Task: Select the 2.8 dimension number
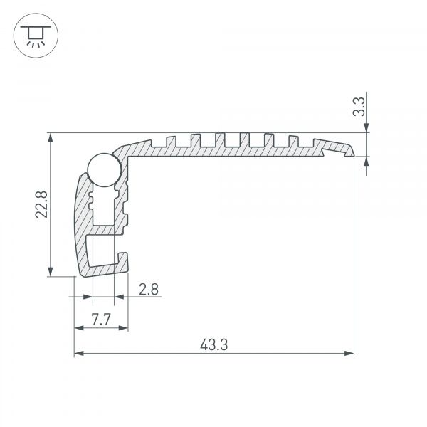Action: (x=148, y=290)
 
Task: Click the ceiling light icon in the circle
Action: (x=33, y=35)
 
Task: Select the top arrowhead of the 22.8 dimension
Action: (x=50, y=138)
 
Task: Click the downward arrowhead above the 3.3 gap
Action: (x=366, y=128)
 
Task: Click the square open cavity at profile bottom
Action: (x=100, y=250)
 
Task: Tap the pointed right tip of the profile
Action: (x=353, y=151)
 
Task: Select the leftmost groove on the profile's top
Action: (x=171, y=139)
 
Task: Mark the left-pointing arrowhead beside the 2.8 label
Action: (x=119, y=297)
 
